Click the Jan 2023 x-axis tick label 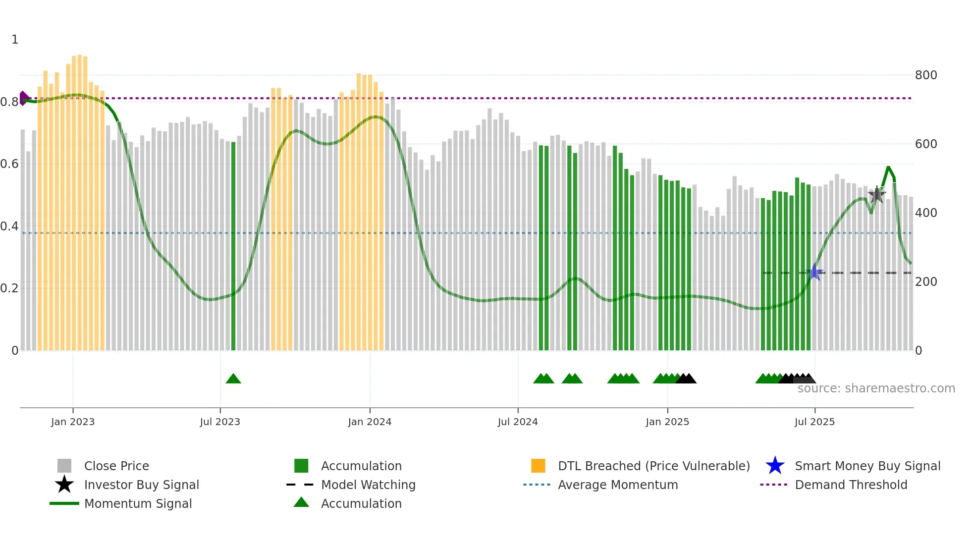(73, 422)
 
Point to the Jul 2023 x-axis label (220, 422)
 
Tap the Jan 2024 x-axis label (370, 422)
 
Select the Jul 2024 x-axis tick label (518, 422)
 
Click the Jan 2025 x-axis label (667, 422)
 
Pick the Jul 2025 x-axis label (814, 422)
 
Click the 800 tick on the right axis (926, 75)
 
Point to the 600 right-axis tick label (926, 144)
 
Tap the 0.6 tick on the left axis (9, 164)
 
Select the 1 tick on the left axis (15, 40)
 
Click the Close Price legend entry (116, 466)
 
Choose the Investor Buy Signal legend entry (141, 485)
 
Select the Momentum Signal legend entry (138, 503)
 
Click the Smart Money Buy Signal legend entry (867, 466)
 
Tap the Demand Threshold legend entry (851, 485)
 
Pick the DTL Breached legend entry (653, 466)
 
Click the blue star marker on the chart (814, 272)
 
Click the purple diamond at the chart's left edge (23, 98)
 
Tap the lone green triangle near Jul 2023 (233, 379)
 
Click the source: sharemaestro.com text (876, 388)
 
